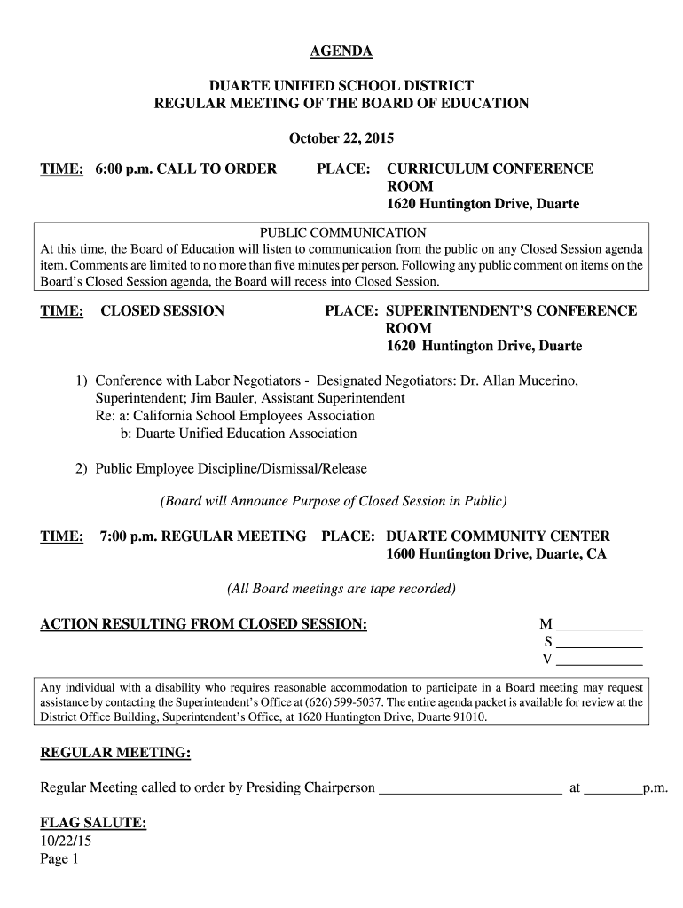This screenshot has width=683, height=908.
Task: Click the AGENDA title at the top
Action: [341, 51]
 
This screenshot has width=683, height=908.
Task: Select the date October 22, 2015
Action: [341, 138]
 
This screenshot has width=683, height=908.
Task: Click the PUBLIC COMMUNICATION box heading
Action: [341, 232]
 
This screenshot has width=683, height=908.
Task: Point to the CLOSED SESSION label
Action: [162, 310]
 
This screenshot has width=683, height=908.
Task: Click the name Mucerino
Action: [548, 380]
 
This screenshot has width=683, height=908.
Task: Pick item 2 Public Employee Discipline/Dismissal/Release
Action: [231, 468]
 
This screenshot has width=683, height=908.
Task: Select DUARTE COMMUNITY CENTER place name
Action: [498, 536]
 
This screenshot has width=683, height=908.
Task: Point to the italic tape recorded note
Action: [341, 589]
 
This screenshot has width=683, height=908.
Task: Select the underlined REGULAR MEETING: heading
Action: [116, 753]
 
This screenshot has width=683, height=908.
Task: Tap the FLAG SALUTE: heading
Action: [93, 823]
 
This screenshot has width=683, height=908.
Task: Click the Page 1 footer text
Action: [60, 858]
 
